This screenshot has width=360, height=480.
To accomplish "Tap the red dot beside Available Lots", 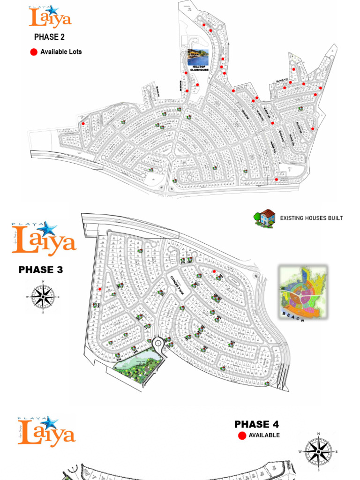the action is [x=34, y=52].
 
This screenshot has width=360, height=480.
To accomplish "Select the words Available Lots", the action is [x=61, y=52].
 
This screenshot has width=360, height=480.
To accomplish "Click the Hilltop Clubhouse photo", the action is [x=197, y=58].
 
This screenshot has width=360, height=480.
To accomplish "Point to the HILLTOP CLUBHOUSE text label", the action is [x=197, y=69].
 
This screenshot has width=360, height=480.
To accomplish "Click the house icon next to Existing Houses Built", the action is [x=265, y=218].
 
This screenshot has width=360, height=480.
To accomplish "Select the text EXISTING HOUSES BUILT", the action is [x=311, y=218].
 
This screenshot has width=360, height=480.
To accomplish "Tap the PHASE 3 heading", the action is [x=40, y=270].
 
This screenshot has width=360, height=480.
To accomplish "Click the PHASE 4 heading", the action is [x=256, y=424].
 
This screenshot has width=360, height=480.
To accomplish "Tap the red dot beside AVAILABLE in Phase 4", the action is [x=242, y=435].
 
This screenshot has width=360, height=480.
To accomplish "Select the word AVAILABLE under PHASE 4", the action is [x=264, y=435].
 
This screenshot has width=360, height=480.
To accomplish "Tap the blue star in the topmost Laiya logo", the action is [x=52, y=11].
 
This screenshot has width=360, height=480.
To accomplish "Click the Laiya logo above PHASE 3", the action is [x=44, y=239].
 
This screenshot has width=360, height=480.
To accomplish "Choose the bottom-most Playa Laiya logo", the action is [x=46, y=431].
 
